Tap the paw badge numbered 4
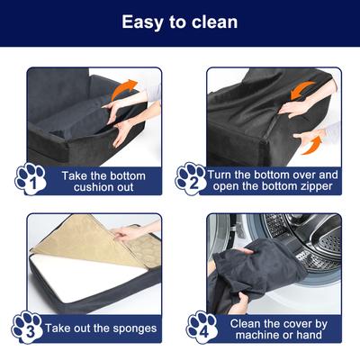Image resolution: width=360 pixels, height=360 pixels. tap(201, 326)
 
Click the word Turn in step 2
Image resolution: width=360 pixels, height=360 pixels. tap(224, 174)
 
